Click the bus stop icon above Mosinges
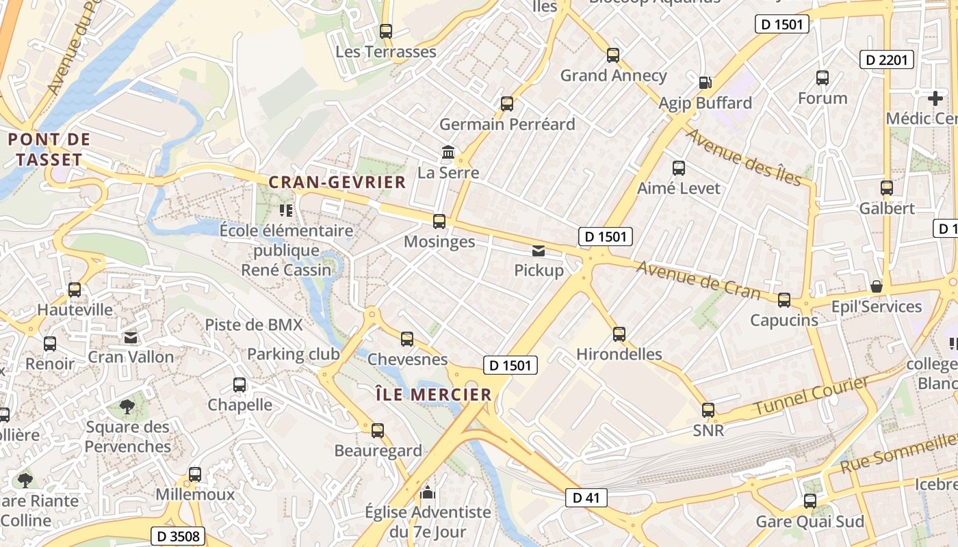coord(439,222)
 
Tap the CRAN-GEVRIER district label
coord(337,183)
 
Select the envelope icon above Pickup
coord(539,251)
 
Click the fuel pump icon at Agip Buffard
coord(705,83)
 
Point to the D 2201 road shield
coord(887,60)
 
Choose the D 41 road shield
coord(586,498)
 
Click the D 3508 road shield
coord(177,536)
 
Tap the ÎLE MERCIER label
coord(434,395)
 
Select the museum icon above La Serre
coord(448,152)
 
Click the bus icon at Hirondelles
coord(619,334)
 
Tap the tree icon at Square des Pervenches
coord(127,408)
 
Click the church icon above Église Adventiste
coord(428,492)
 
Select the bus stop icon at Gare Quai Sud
coord(810,501)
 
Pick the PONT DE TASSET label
coord(49,150)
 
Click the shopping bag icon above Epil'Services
coord(876,286)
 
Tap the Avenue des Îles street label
coord(743,157)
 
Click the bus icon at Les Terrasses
coord(386,31)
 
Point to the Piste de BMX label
coord(254,325)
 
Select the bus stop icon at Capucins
coord(784,300)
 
